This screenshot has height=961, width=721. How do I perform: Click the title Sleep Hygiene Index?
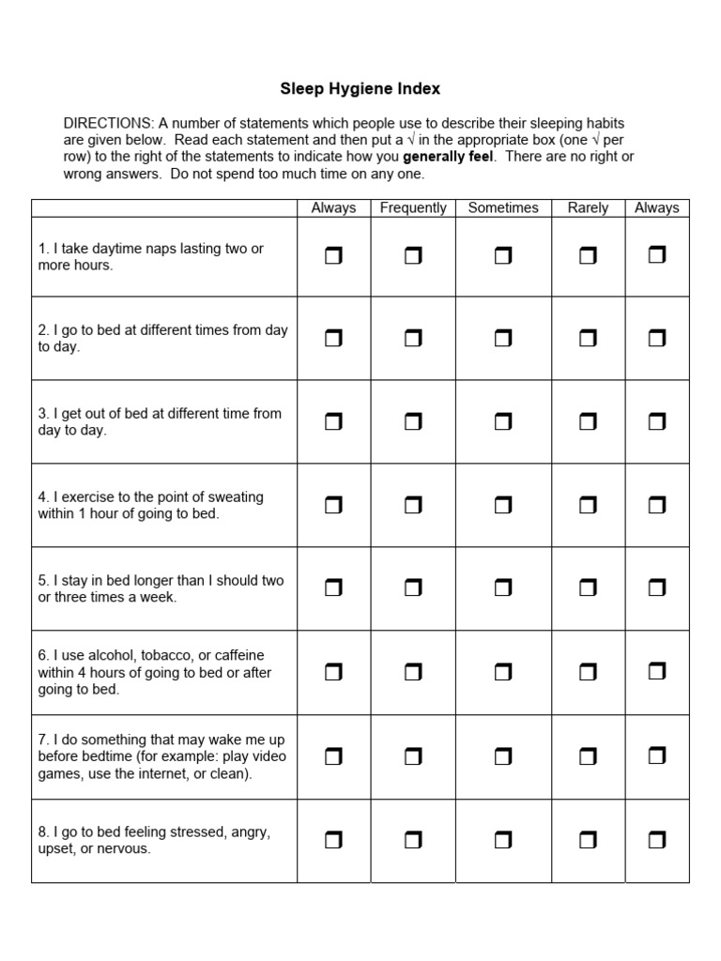pos(360,89)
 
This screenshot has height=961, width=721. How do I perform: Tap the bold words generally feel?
pos(448,157)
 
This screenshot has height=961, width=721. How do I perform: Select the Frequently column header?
pos(413,207)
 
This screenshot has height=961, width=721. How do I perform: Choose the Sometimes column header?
pos(502,207)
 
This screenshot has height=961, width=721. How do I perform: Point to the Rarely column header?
pos(588,207)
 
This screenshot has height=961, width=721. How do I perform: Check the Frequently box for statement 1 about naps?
pos(413,256)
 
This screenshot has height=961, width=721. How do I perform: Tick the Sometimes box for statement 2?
pos(502,339)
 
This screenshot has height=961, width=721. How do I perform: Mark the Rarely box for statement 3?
pos(588,422)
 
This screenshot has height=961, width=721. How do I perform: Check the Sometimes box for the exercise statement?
pos(502,506)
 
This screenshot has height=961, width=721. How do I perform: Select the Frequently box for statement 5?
pos(413,588)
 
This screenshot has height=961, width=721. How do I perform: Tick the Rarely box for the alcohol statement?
pos(588,672)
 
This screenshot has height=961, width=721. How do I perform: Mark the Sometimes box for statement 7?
pos(502,755)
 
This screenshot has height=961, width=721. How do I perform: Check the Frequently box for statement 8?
pos(413,840)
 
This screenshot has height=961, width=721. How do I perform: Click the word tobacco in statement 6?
pos(167,655)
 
